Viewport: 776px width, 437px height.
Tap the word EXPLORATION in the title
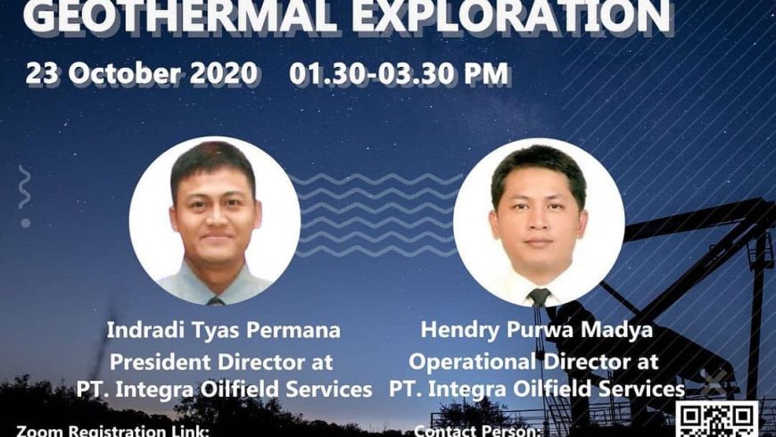[x=508, y=16]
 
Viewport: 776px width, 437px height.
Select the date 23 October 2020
[x=143, y=73]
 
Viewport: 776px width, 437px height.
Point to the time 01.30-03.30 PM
[x=399, y=73]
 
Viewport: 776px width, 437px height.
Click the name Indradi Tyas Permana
[x=223, y=330]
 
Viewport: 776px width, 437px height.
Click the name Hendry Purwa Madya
[x=535, y=330]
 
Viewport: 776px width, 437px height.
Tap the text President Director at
[x=221, y=361]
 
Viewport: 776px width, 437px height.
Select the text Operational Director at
[x=534, y=361]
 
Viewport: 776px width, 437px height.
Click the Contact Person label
[x=490, y=431]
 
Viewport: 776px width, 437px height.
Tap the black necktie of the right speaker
[x=538, y=296]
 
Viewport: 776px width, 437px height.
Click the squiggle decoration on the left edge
[x=24, y=187]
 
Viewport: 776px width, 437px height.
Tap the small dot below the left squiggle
[x=26, y=222]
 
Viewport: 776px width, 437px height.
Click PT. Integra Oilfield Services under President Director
[x=222, y=390]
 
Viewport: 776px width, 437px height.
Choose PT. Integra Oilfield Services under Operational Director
[x=536, y=390]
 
